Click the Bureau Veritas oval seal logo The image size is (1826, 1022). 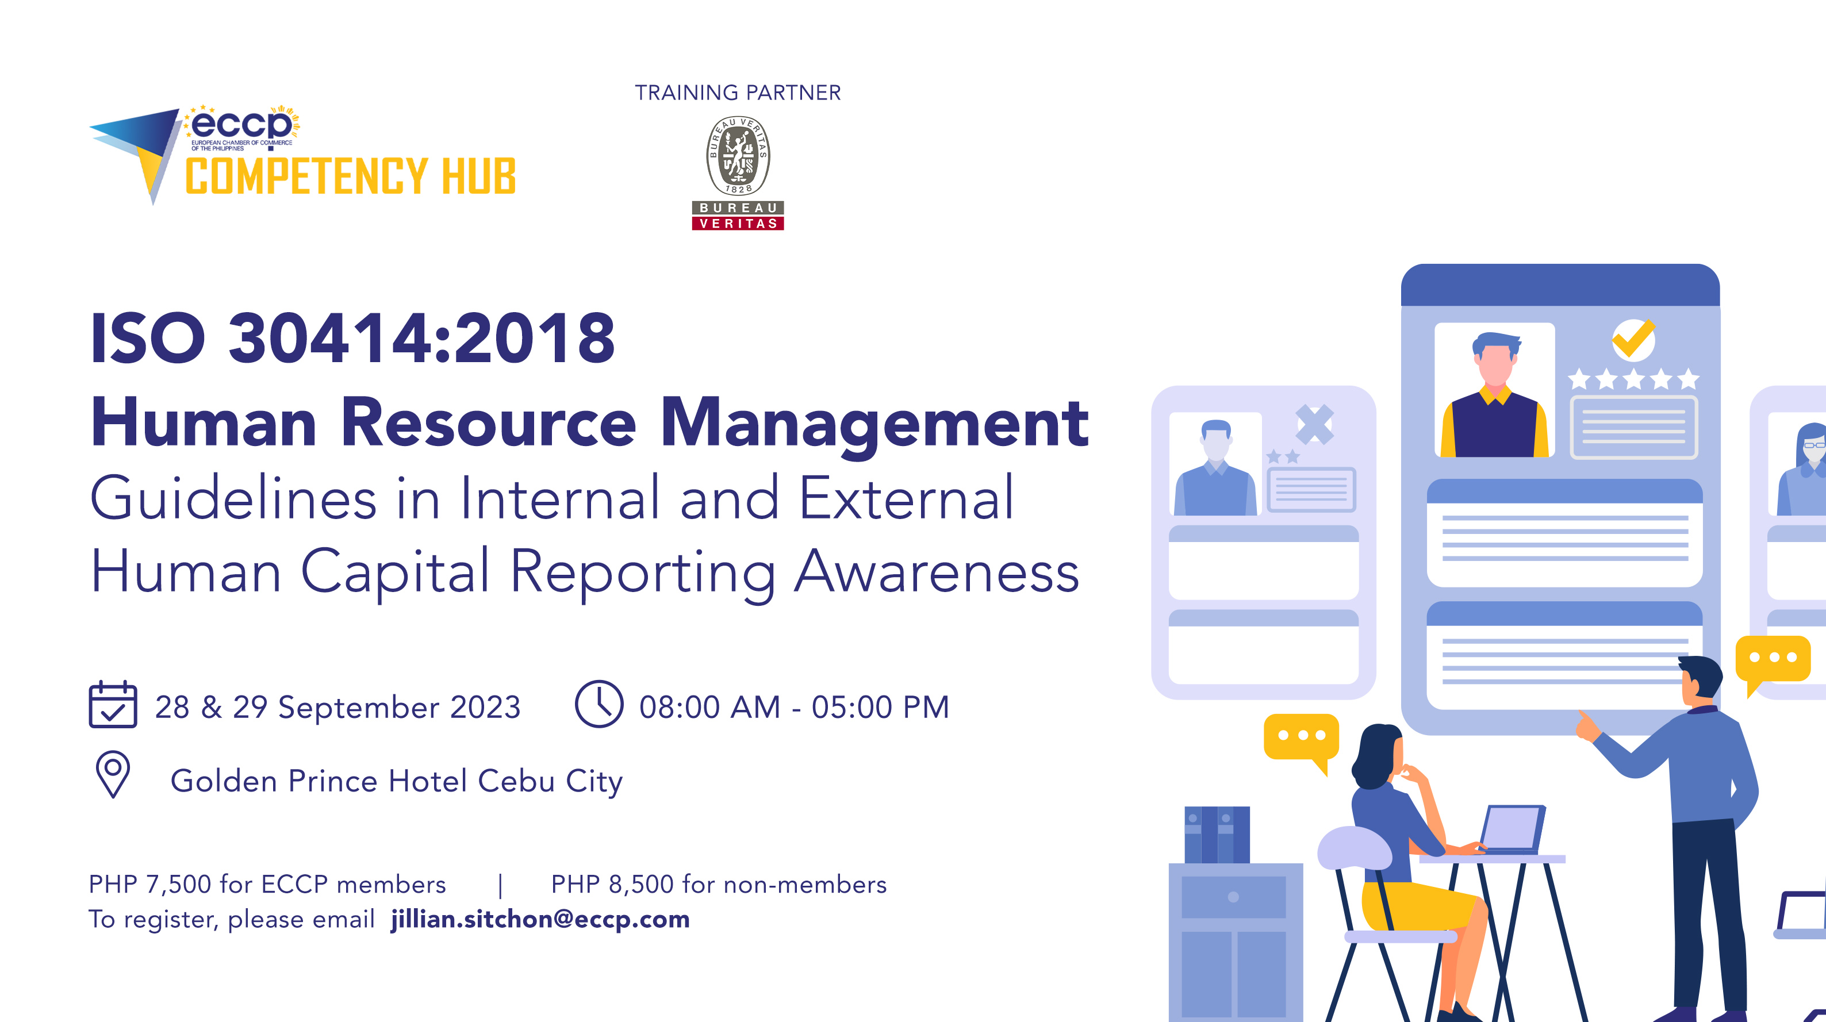tap(738, 156)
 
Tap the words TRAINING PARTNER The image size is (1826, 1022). tap(737, 93)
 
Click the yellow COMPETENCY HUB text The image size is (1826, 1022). tap(350, 176)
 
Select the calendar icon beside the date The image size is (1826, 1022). tap(113, 705)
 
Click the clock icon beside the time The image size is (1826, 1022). tap(599, 705)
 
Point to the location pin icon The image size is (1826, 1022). tap(113, 774)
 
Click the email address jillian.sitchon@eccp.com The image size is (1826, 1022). tap(540, 919)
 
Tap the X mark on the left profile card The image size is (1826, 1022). tap(1315, 424)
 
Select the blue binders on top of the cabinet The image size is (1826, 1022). tap(1217, 834)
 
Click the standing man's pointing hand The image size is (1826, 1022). tap(1586, 727)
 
